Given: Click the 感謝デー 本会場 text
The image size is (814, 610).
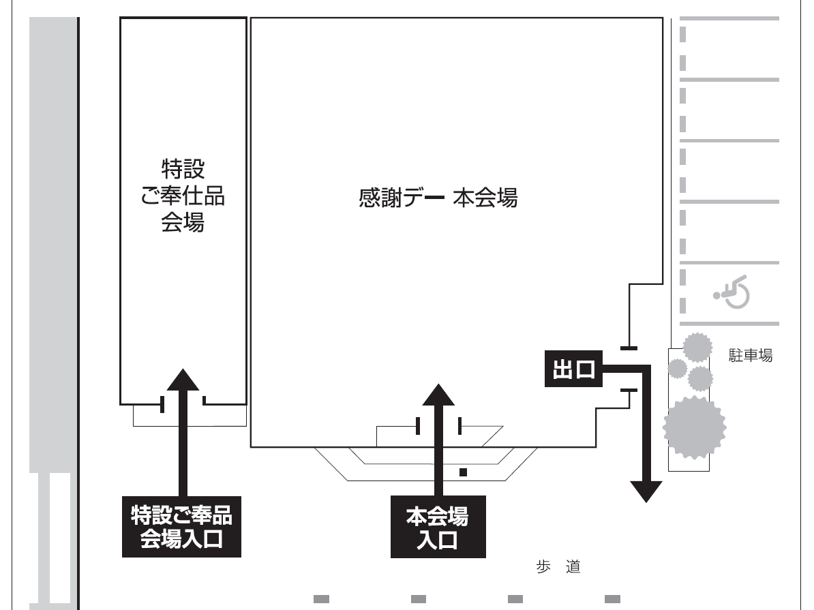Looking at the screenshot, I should coord(438,199).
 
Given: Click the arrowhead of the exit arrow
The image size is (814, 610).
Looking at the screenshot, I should coord(645,491).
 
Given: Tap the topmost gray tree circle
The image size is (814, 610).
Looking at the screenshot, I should coord(697,348).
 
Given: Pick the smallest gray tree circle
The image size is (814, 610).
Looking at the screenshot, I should coord(676,369).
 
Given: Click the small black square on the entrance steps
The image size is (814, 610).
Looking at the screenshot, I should coord(464,471).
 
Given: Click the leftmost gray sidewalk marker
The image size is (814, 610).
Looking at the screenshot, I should coord(322,599).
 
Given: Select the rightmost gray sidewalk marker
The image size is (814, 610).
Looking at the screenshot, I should coord(612,599).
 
